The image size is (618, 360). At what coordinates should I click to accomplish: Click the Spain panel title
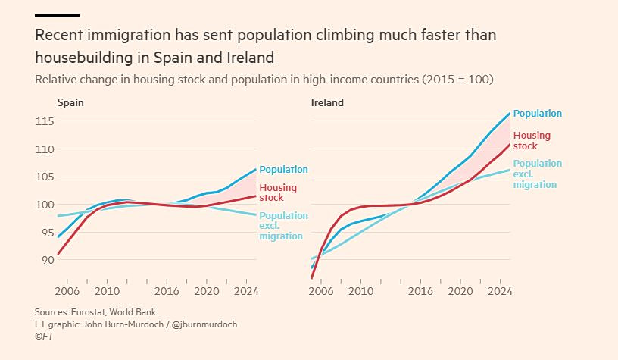click(x=70, y=102)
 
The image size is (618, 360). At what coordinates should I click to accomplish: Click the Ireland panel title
click(x=327, y=102)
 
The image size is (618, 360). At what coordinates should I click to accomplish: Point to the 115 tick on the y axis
click(x=45, y=121)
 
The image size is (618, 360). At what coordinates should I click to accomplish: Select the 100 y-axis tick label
click(x=45, y=205)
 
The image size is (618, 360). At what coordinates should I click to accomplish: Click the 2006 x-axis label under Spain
click(x=67, y=291)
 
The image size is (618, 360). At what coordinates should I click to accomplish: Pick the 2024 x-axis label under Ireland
click(x=500, y=291)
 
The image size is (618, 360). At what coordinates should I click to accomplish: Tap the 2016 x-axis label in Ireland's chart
click(x=420, y=291)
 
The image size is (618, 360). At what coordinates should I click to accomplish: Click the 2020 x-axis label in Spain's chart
click(x=207, y=291)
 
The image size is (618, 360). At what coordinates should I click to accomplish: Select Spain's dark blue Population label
click(x=283, y=170)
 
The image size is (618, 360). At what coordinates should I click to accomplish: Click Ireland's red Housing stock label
click(x=532, y=141)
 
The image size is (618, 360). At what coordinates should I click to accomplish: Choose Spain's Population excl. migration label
click(x=283, y=226)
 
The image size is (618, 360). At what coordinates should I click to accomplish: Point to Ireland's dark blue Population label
click(x=538, y=114)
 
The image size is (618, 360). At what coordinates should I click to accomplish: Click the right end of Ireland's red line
click(x=510, y=145)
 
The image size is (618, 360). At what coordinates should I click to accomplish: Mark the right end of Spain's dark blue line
click(x=256, y=170)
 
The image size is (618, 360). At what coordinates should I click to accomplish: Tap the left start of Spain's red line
click(x=58, y=255)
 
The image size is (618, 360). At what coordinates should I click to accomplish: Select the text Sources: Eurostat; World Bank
click(x=95, y=312)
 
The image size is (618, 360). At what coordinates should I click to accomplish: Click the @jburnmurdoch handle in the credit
click(x=204, y=324)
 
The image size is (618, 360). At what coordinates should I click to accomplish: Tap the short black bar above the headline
click(x=58, y=15)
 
